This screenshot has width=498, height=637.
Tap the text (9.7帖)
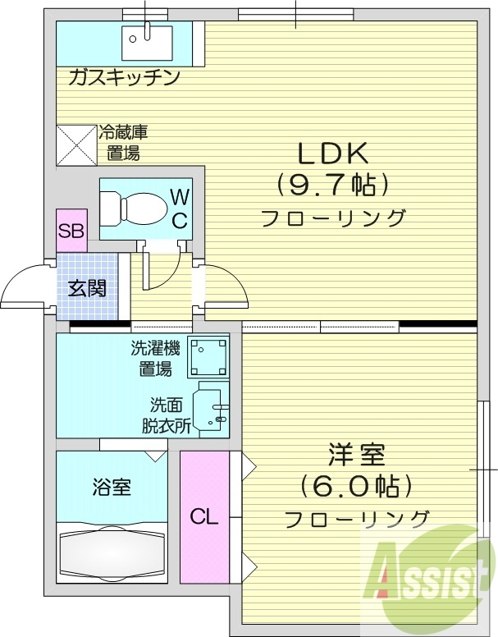(332, 186)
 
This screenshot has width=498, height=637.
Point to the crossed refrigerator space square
(75, 144)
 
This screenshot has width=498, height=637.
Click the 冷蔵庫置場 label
(123, 142)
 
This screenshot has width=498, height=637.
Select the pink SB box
(71, 231)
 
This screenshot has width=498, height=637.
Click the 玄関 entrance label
(86, 288)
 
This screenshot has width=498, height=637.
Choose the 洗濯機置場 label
(155, 358)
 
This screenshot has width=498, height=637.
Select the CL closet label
(204, 517)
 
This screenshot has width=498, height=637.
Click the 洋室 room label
(357, 453)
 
